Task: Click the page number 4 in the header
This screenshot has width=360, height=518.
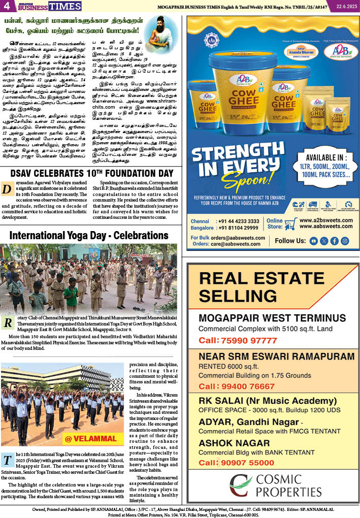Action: [7, 6]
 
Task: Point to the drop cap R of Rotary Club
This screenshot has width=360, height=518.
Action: [8, 323]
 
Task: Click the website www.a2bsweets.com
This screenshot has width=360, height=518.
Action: [325, 220]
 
